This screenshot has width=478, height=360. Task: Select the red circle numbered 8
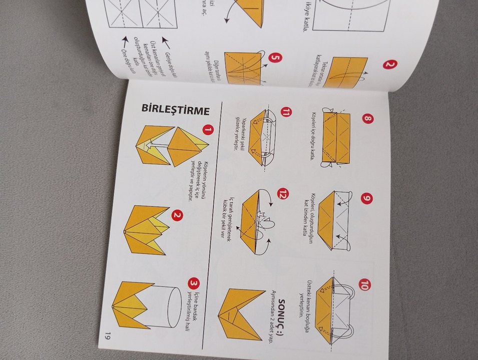(x=367, y=119)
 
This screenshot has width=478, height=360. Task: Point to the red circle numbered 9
(x=367, y=199)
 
